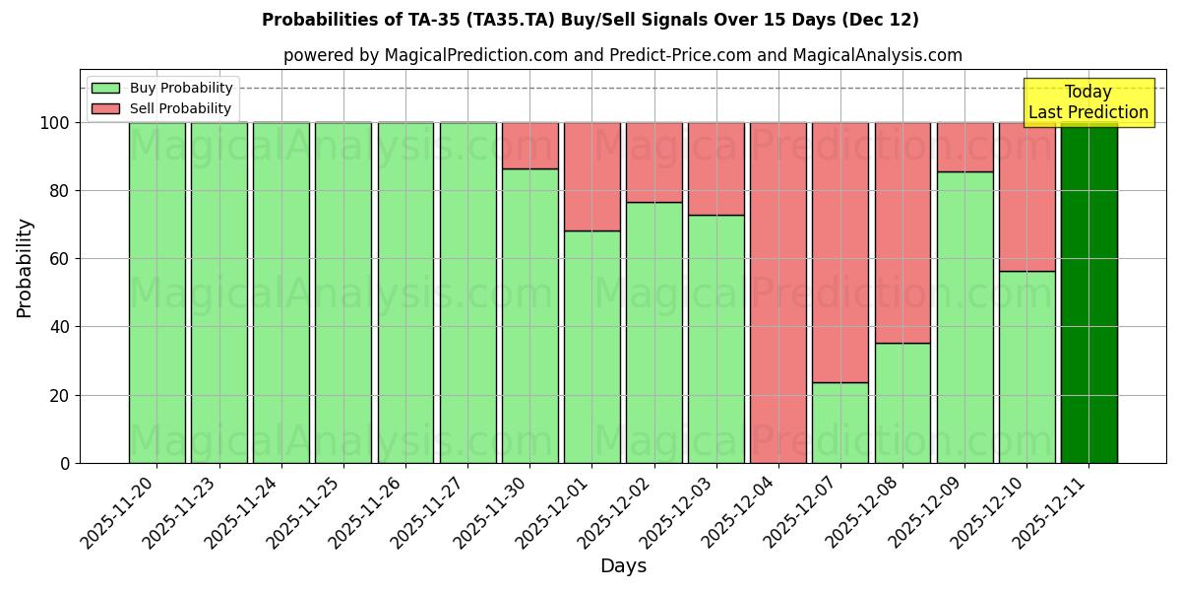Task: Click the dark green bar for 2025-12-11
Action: (1088, 293)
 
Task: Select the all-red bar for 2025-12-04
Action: (777, 293)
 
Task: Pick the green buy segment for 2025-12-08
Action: (902, 403)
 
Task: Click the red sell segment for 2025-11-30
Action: (529, 146)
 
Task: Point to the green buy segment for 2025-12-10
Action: (1026, 366)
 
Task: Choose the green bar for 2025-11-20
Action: (156, 293)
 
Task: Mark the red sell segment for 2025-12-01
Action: (591, 176)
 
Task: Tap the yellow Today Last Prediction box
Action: (1088, 102)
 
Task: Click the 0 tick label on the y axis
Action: (65, 463)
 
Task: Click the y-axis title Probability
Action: (25, 267)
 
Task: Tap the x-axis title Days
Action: (623, 566)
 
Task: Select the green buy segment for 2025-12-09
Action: (964, 317)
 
